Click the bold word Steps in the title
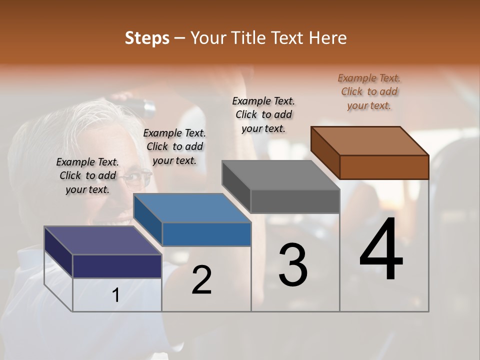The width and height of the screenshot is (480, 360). (147, 38)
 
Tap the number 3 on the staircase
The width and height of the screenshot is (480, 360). (293, 265)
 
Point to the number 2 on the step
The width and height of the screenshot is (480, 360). (201, 280)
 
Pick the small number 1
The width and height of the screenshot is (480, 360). (115, 295)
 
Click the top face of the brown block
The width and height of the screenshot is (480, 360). (370, 140)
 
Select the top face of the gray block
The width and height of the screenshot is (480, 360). (281, 175)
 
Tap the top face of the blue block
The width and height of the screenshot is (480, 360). (192, 208)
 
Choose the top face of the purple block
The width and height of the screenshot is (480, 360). (103, 240)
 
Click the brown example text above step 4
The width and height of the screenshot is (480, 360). (369, 91)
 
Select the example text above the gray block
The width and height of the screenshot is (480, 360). (263, 114)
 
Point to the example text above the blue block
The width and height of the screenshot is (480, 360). (174, 146)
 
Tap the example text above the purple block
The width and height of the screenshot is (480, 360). (87, 175)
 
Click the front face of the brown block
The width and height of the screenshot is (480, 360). (384, 167)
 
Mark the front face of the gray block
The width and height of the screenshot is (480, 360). (295, 201)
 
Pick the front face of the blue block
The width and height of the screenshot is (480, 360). (206, 234)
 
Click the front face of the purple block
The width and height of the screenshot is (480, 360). (117, 266)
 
